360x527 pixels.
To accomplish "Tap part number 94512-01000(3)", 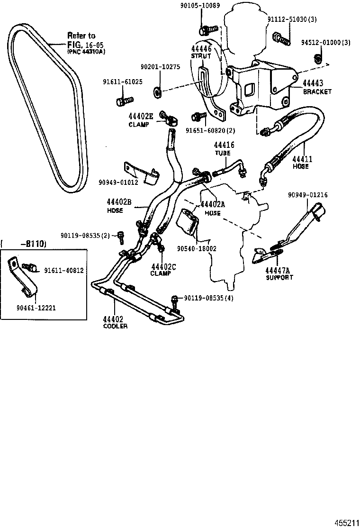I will (326, 43).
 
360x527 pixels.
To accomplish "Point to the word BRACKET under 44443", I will (317, 91).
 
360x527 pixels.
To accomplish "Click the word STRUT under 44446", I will (200, 56).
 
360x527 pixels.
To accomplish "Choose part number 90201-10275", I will (160, 67).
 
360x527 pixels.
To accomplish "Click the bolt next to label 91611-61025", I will (122, 101).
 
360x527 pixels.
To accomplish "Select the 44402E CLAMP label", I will (141, 119).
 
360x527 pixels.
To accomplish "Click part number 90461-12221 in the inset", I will (36, 307).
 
